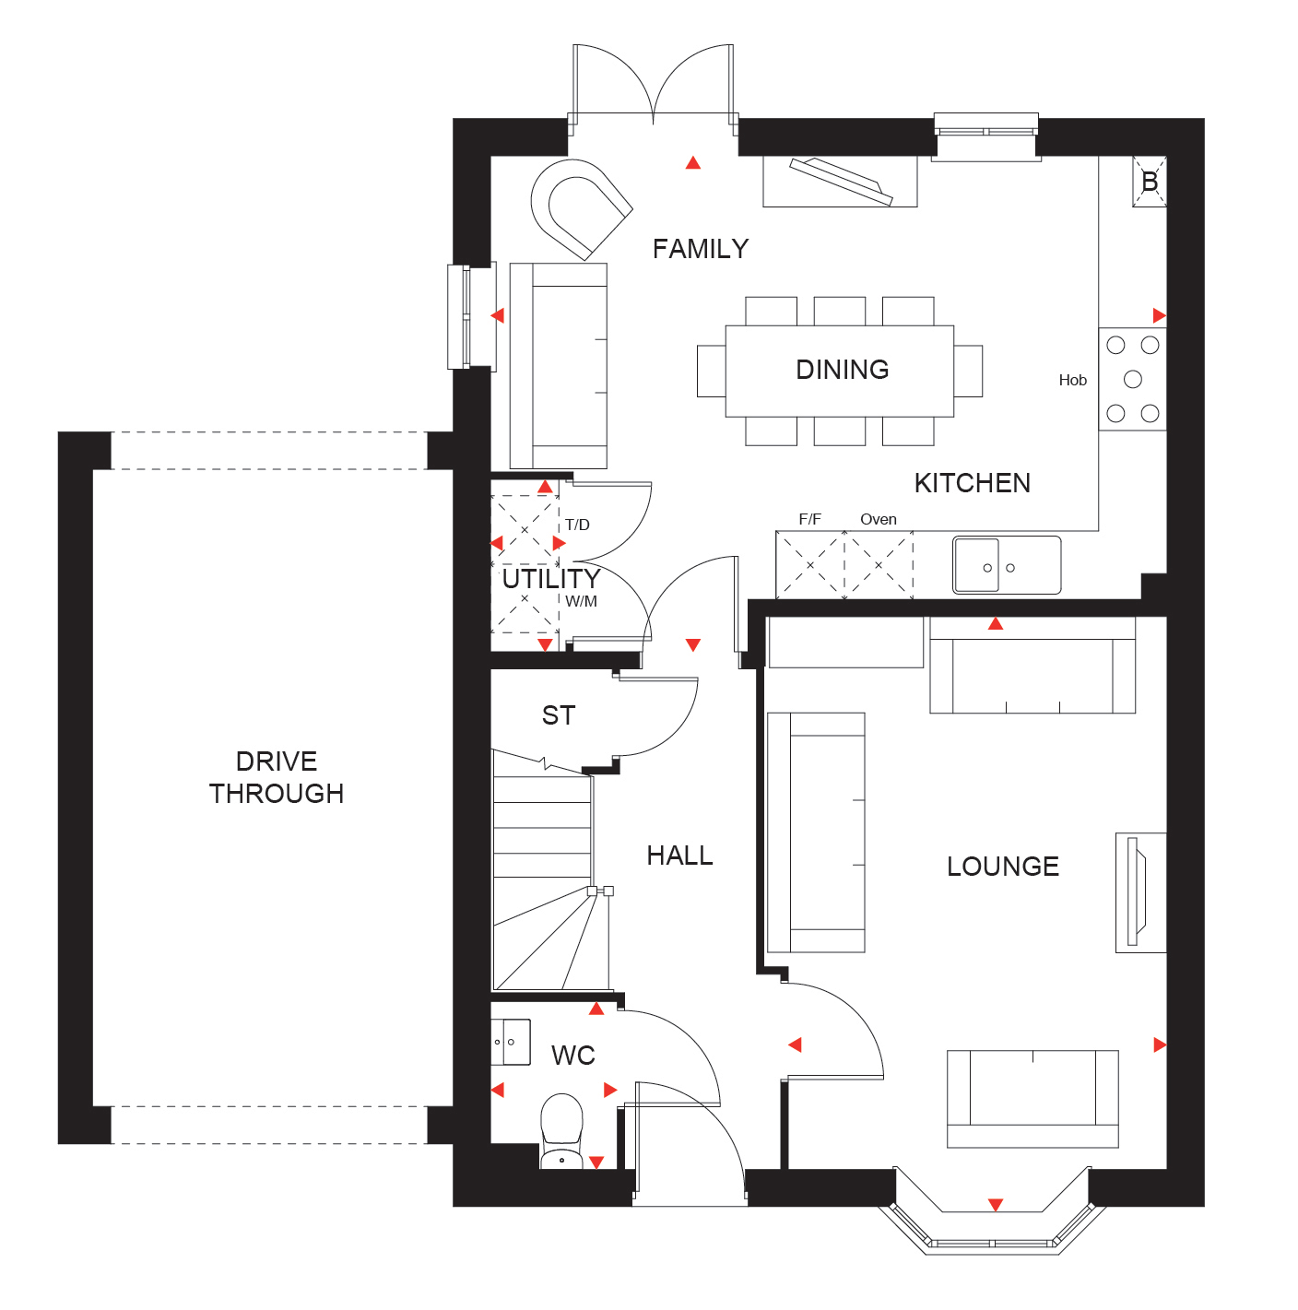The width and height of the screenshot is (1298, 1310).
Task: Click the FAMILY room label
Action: click(x=700, y=249)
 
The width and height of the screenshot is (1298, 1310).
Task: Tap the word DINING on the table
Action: click(x=842, y=370)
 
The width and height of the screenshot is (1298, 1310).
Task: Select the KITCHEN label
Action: click(x=972, y=483)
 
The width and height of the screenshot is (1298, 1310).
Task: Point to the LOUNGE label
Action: click(x=1002, y=867)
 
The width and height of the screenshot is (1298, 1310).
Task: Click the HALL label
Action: click(x=679, y=856)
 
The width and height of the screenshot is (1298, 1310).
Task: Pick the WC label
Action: click(x=572, y=1056)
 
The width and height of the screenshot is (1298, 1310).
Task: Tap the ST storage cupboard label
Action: click(x=559, y=715)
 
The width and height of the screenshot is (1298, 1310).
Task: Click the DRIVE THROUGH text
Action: click(x=276, y=778)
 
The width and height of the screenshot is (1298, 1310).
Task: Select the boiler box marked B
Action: click(x=1149, y=182)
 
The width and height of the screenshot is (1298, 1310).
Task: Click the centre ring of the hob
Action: click(x=1132, y=379)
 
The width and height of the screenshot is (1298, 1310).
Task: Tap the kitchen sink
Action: click(x=1007, y=565)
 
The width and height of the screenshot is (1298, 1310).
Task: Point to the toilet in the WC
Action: click(x=560, y=1131)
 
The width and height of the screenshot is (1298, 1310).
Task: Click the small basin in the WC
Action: click(x=510, y=1042)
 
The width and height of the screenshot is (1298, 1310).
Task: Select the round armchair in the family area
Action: click(x=582, y=208)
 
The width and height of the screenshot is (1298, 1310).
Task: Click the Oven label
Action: click(x=878, y=519)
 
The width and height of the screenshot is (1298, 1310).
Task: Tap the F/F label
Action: click(x=809, y=519)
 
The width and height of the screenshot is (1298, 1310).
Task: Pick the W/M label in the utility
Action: click(x=581, y=602)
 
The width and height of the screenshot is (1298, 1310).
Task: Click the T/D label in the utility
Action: click(x=576, y=525)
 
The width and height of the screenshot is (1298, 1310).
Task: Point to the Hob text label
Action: click(x=1072, y=380)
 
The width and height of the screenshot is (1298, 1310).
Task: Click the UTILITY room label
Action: click(x=550, y=579)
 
